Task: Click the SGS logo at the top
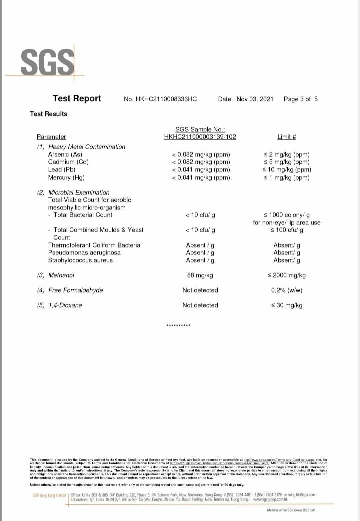pos(47,62)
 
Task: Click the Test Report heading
pos(77,98)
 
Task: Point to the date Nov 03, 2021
pos(255,99)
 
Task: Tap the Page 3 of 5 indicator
pos(301,99)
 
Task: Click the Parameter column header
pos(51,137)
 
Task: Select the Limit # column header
pos(287,137)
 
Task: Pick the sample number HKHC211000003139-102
pos(200,137)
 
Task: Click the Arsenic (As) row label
pos(65,154)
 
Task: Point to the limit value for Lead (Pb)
pos(287,169)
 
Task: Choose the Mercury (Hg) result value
pos(201,177)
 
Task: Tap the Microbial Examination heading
pos(79,192)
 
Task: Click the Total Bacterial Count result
pos(200,215)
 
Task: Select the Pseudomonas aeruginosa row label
pos(84,252)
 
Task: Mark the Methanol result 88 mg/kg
pos(200,275)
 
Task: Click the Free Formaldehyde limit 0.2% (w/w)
pos(287,290)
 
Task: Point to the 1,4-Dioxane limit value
pos(287,305)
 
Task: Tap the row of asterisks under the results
pos(178,326)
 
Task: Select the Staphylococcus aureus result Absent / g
pos(200,260)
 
